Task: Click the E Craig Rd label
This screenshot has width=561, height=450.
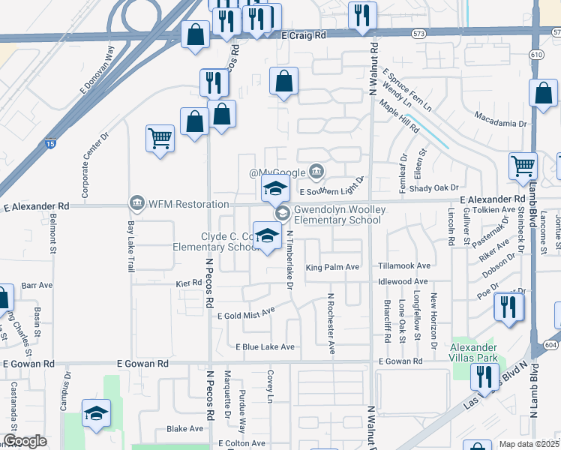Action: coord(304,35)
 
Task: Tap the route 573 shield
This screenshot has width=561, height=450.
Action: coord(418,33)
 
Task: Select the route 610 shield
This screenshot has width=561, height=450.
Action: coord(535,55)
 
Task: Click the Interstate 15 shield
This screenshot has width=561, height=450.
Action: coord(50,142)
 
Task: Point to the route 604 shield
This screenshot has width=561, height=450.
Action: coord(550,343)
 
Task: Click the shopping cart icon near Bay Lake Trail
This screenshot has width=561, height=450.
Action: coord(160,139)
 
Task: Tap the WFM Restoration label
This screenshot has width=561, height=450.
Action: coord(188,204)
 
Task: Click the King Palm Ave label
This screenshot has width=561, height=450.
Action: coord(333,267)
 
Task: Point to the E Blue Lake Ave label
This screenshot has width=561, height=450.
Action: coord(265,347)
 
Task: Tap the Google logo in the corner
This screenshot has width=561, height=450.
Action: coord(25,442)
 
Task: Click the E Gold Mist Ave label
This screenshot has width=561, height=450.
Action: coord(247,315)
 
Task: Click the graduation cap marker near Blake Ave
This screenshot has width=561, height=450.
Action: coord(96,414)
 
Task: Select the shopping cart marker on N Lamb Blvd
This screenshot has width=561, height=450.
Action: coord(523,167)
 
